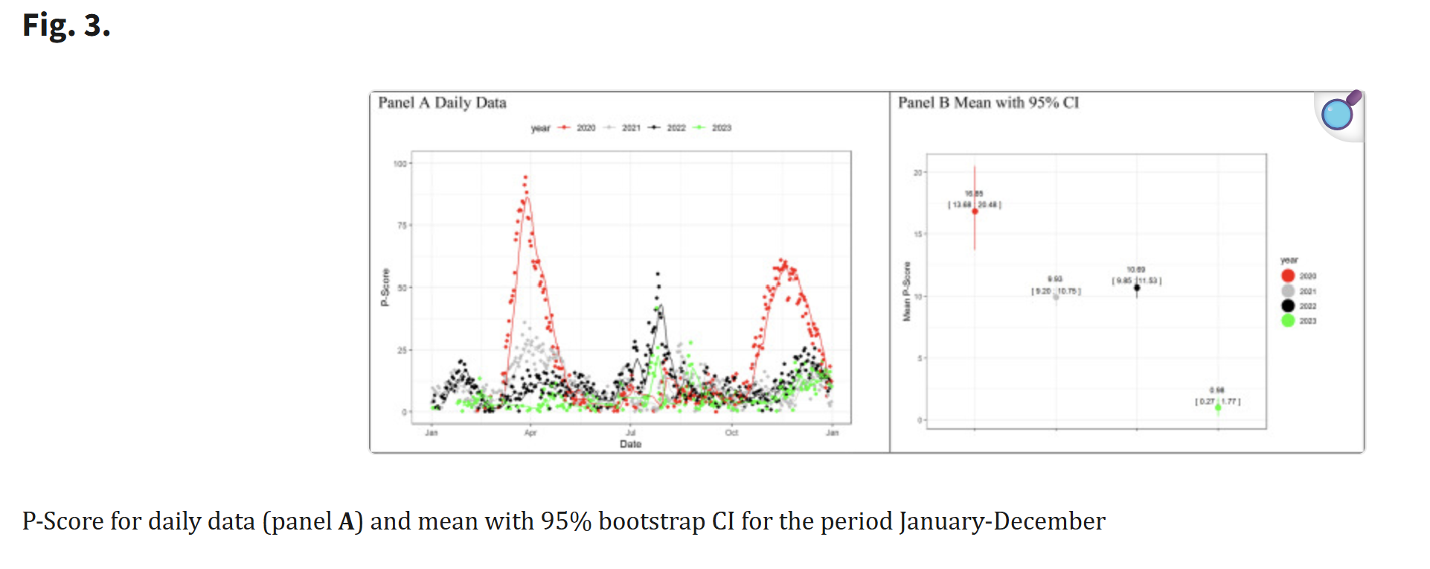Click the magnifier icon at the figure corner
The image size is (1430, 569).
click(x=1339, y=113)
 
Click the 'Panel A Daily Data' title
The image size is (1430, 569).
click(x=442, y=103)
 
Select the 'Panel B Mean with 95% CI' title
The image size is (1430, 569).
click(x=988, y=103)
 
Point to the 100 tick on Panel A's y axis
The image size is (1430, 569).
click(x=400, y=164)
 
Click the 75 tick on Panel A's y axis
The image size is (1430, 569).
click(x=402, y=225)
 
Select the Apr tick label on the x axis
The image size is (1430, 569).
click(x=530, y=433)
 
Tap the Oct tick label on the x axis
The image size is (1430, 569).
click(x=731, y=433)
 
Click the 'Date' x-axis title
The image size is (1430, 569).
click(x=630, y=444)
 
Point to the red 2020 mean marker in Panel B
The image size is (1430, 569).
click(x=975, y=212)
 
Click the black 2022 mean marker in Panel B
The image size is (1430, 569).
click(x=1137, y=287)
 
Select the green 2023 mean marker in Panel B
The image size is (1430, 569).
click(x=1218, y=407)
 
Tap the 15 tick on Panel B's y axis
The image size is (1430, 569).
click(x=918, y=235)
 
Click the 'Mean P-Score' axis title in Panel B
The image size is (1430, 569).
click(x=906, y=292)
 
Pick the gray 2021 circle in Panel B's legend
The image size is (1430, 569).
click(x=1288, y=291)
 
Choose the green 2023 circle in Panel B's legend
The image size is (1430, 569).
click(x=1288, y=321)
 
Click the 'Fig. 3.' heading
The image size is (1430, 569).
click(x=66, y=25)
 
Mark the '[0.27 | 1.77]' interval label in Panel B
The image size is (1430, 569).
click(x=1217, y=401)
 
